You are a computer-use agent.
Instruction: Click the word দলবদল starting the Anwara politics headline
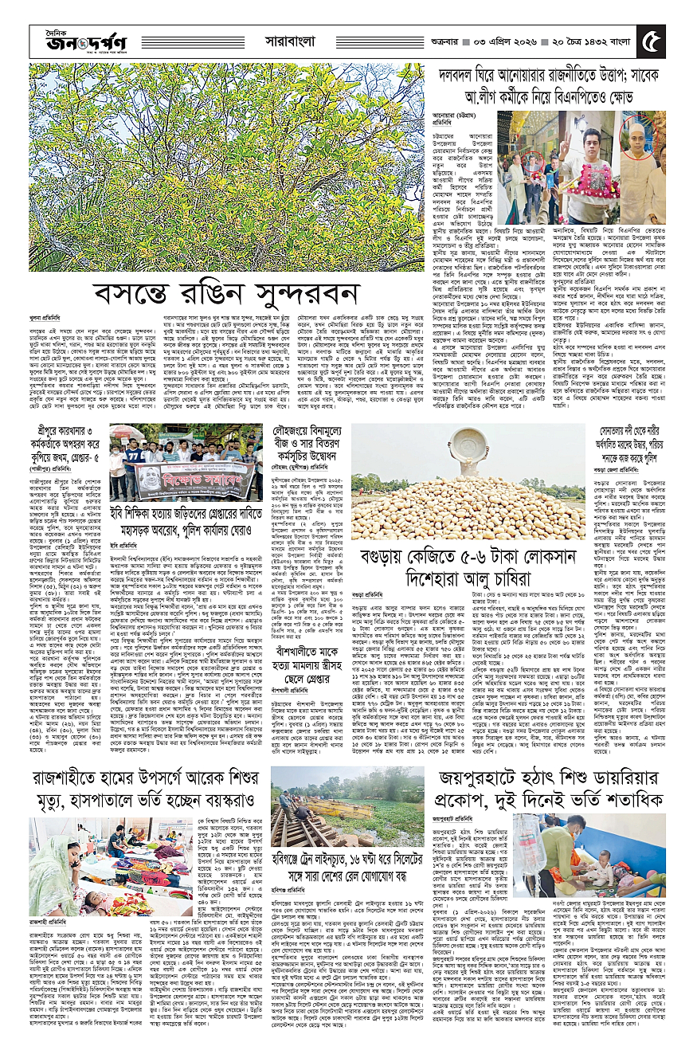coord(456,75)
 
